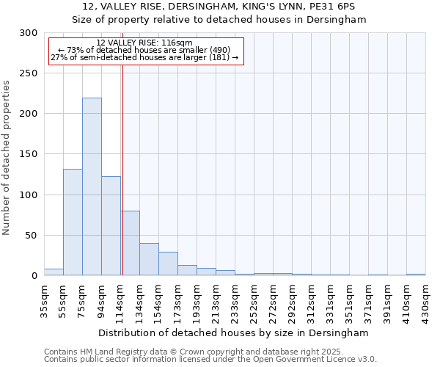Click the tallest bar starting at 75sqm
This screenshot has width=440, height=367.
tap(92, 187)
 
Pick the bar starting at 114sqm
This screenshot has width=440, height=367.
tap(131, 243)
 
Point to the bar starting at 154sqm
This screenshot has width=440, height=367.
tap(168, 264)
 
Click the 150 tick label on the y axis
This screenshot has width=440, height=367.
tap(29, 155)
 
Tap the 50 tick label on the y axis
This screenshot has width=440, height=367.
tap(31, 236)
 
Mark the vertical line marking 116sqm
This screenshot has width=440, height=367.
tap(122, 147)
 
